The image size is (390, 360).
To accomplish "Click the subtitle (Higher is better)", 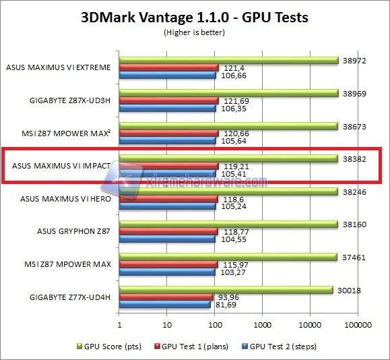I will (x=195, y=32).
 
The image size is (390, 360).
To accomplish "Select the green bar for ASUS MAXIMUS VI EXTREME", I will (x=229, y=60).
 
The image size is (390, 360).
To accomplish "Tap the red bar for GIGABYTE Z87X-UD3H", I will (x=168, y=100).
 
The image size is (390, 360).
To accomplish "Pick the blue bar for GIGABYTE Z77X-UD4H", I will (x=165, y=304).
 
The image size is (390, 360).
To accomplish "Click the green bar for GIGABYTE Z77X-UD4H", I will (x=226, y=290).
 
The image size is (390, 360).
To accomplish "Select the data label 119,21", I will (x=234, y=166).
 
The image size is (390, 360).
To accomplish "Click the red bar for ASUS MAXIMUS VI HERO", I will (x=168, y=199).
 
